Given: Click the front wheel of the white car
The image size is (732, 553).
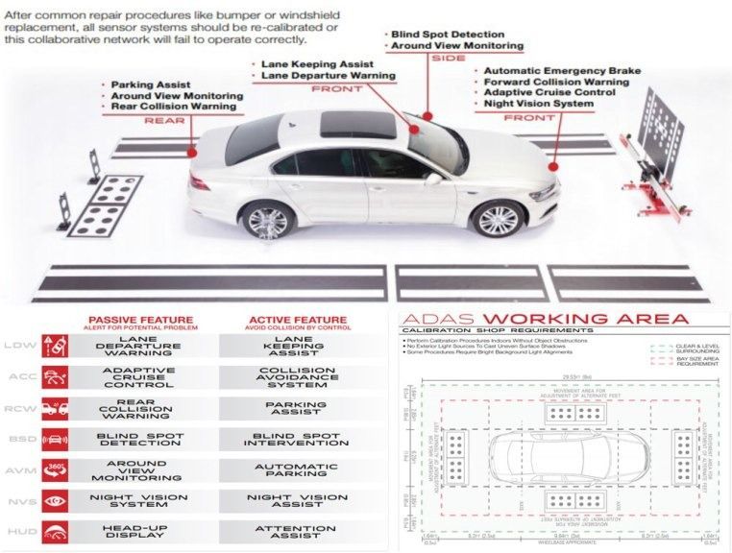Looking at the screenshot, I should coord(499,220).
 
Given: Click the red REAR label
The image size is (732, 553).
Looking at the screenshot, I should coord(164,121).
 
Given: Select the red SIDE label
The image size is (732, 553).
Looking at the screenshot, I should coord(448,59).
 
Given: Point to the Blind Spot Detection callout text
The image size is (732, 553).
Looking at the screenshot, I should coord(448,35).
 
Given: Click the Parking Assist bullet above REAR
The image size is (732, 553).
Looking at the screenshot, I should coord(150,84).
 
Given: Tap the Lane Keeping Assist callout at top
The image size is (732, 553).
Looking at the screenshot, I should coord(316,63).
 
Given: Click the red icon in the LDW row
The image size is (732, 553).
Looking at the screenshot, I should coord(55,346).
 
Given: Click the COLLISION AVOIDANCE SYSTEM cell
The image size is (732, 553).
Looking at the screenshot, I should coord(295,376).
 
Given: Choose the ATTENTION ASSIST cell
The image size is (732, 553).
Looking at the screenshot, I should coord(295,532).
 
